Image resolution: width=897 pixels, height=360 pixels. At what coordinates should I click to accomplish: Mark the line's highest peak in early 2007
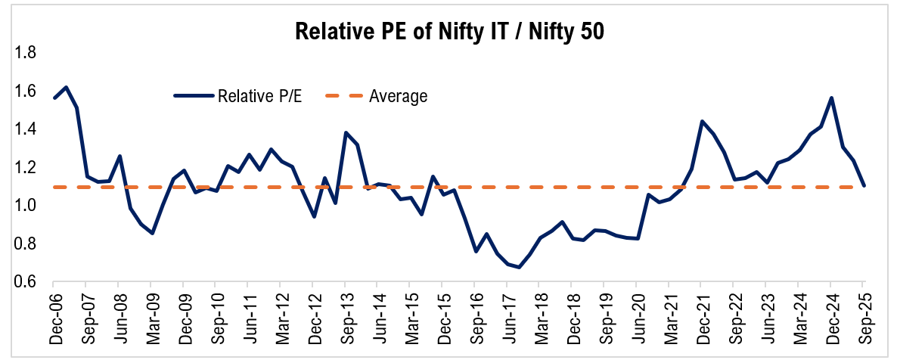66,87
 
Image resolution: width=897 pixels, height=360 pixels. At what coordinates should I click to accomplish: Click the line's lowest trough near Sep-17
518,267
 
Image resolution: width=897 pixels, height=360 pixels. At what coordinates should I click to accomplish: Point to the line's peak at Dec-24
831,98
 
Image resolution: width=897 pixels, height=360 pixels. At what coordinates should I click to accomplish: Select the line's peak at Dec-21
702,121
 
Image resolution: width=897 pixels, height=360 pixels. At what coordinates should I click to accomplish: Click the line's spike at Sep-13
346,132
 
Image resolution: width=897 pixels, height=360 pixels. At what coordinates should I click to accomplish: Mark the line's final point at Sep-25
863,185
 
